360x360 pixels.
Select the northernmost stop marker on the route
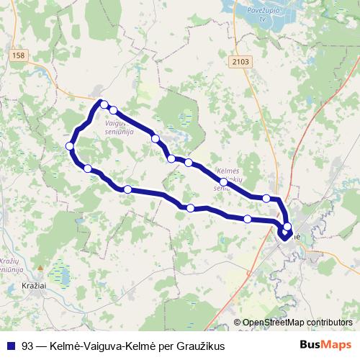point(104,104)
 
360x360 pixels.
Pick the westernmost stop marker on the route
point(70,146)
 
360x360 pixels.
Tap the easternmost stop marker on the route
point(287,227)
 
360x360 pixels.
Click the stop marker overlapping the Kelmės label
point(224,182)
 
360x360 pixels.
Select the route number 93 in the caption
point(28,346)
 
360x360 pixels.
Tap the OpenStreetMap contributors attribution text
point(294,323)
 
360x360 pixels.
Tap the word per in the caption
point(166,346)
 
